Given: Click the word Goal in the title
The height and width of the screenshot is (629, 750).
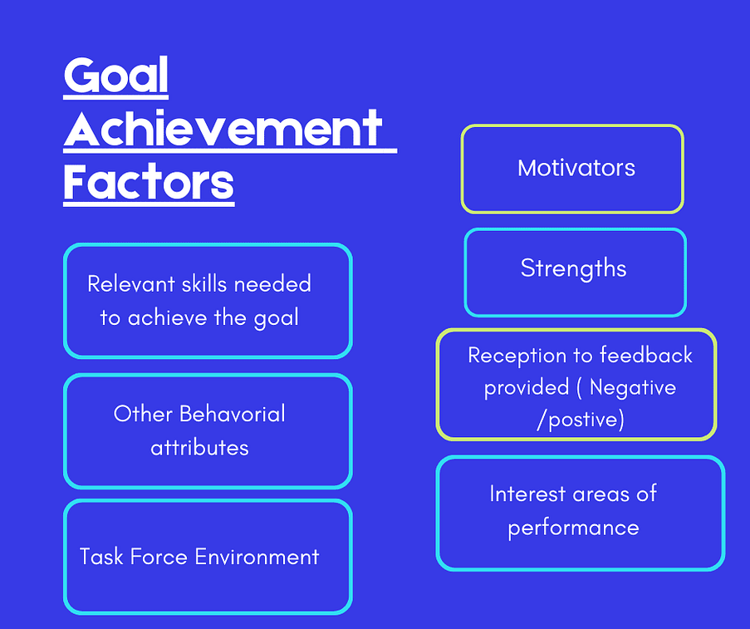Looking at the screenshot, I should (x=116, y=77).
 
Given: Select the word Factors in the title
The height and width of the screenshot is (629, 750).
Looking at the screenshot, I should (x=149, y=182).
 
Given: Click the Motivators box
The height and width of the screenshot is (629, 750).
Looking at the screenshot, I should (x=572, y=169).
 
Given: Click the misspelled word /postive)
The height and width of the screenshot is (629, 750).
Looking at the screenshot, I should (x=580, y=420).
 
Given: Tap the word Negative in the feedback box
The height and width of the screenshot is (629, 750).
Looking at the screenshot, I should (x=633, y=388).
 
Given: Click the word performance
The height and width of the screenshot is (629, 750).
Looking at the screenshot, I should (x=573, y=528).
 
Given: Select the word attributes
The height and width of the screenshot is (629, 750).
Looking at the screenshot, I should (x=199, y=448).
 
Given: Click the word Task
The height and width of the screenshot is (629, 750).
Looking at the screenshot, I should (x=99, y=557).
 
